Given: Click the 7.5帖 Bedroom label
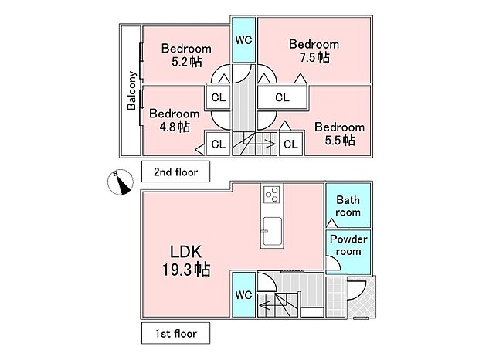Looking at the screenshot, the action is (313, 50).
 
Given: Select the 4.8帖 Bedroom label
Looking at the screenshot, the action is (173, 120).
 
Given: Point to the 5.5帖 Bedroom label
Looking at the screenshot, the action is (339, 133).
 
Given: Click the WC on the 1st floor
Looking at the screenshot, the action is (243, 294).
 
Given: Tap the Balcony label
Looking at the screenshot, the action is (131, 90).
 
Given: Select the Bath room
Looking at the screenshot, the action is (347, 205).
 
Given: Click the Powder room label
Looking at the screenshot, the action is (348, 245).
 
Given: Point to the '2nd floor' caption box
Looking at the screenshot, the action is (175, 171).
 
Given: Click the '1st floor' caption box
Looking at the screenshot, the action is (175, 334).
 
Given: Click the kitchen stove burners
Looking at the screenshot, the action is (273, 195).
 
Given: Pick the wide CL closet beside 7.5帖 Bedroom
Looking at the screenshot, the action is (282, 98).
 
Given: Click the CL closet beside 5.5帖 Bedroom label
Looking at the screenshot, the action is (290, 144).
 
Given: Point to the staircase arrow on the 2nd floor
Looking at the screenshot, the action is (260, 144).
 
